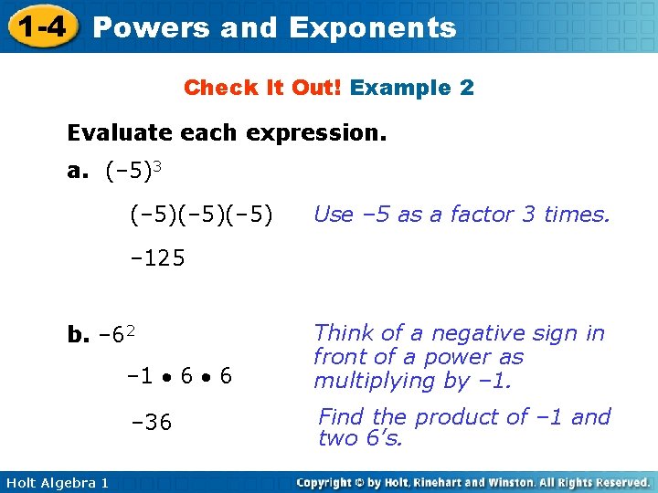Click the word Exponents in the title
tap(372, 27)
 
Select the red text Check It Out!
tap(262, 88)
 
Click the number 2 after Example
tap(466, 88)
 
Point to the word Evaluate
tap(118, 133)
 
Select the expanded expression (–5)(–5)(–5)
tap(200, 215)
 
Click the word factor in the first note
tap(476, 215)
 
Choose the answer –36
tap(152, 422)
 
